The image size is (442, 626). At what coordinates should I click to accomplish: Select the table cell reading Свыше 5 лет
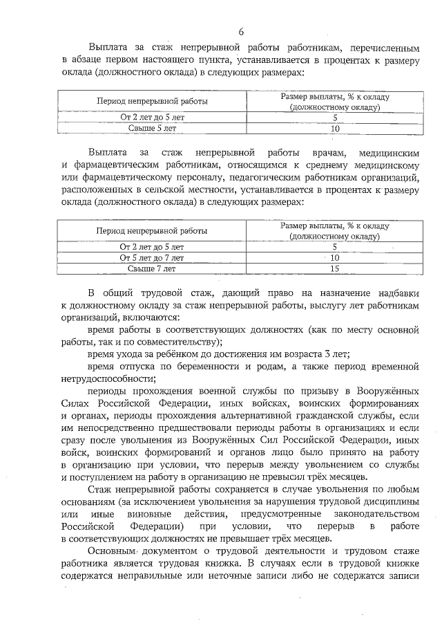[152, 129]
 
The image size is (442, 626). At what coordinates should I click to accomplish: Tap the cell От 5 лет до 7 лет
[152, 257]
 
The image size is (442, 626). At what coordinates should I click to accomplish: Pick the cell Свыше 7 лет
[152, 268]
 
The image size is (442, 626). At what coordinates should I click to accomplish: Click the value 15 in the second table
[336, 268]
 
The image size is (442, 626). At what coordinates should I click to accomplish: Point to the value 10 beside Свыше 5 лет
[336, 129]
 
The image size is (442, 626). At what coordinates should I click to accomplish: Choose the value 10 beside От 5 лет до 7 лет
[336, 257]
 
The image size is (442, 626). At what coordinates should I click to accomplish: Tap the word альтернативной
[266, 416]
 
